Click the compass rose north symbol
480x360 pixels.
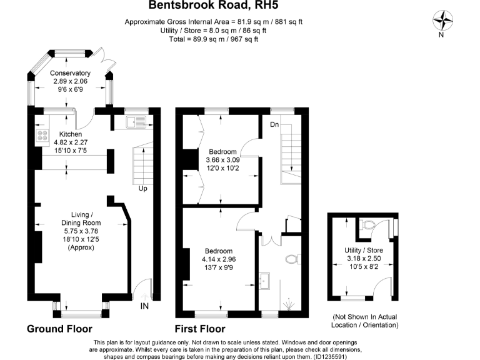point(445,21)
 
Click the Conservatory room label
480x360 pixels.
point(70,73)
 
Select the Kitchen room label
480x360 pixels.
point(71,134)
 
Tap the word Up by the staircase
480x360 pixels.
point(142,188)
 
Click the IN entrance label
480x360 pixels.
point(144,306)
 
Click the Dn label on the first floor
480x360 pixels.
point(274,124)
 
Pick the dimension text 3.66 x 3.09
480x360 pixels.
point(222,159)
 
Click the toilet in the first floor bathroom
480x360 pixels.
point(290,258)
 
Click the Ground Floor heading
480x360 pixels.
point(59,329)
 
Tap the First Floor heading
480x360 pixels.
point(200,329)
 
